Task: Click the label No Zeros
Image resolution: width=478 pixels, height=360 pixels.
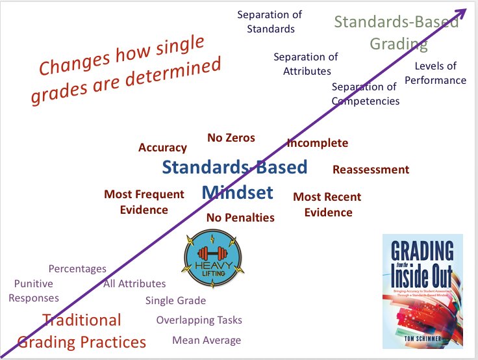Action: (x=231, y=138)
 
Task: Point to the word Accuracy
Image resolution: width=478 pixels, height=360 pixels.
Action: (x=162, y=148)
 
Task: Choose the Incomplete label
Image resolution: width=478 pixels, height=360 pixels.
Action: (x=318, y=143)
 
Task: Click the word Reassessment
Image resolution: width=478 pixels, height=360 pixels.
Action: (x=371, y=170)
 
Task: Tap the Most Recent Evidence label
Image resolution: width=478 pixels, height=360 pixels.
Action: (x=327, y=205)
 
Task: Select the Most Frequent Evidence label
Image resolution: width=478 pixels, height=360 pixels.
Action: (x=144, y=202)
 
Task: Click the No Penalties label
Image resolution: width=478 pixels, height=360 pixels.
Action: (x=240, y=218)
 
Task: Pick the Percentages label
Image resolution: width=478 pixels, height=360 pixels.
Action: (x=77, y=268)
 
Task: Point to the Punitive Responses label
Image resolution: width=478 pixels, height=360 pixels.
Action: (x=36, y=291)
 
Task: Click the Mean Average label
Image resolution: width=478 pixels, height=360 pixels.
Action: (x=207, y=341)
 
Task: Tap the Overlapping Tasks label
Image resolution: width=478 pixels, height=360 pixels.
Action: (x=199, y=320)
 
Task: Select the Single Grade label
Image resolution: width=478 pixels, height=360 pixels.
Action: (x=175, y=300)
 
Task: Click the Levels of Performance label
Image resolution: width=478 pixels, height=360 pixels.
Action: (x=440, y=73)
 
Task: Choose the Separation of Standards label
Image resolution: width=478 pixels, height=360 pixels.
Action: (x=266, y=21)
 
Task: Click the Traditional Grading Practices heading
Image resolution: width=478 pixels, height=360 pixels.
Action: (x=82, y=331)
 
